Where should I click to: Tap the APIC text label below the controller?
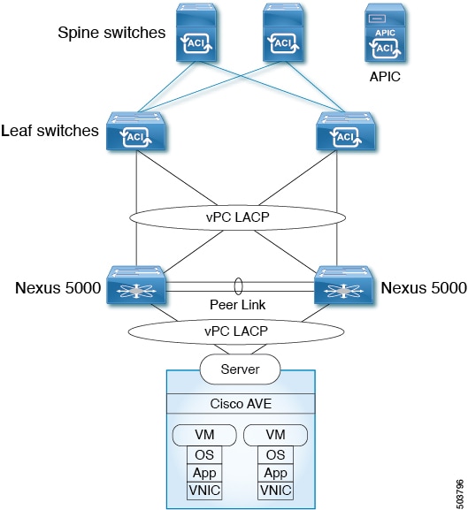[x=385, y=77]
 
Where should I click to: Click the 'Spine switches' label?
[x=111, y=33]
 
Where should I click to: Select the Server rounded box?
[x=240, y=369]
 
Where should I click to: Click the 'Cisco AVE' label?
[x=239, y=405]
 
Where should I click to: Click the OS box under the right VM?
[x=275, y=455]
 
